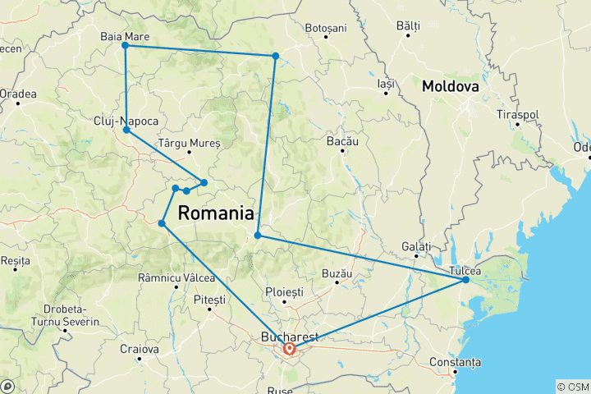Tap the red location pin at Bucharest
click(x=290, y=349)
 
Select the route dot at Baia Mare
click(x=125, y=46)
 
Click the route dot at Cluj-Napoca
click(x=126, y=130)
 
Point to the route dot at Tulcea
click(x=465, y=280)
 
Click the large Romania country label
click(x=215, y=213)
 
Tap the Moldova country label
click(x=451, y=85)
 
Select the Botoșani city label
click(x=326, y=28)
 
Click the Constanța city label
click(x=459, y=362)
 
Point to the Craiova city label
click(x=136, y=350)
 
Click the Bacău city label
click(x=343, y=142)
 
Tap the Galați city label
click(x=416, y=246)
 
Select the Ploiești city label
click(x=285, y=292)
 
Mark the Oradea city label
click(x=18, y=94)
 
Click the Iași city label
click(x=386, y=84)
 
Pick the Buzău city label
click(x=337, y=273)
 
